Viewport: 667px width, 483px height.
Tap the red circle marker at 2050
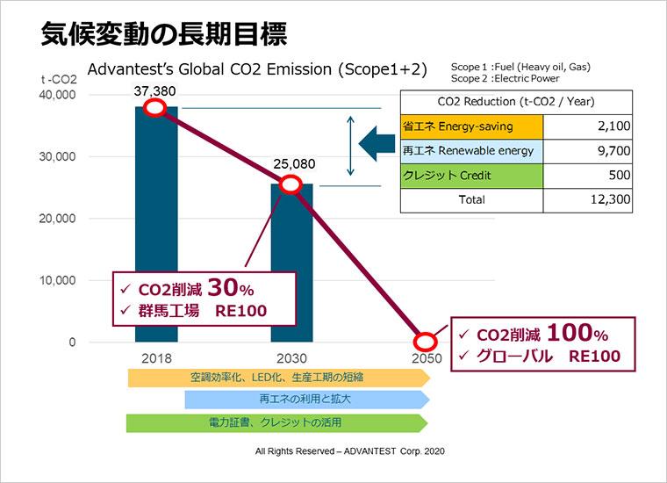426,342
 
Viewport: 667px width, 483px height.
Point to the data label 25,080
294,164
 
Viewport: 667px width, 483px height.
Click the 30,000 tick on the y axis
57,156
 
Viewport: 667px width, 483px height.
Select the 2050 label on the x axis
427,358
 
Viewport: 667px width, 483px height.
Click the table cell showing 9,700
587,151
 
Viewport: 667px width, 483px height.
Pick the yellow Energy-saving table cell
471,126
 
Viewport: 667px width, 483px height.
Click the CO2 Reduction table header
516,102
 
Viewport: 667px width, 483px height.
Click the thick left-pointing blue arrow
377,143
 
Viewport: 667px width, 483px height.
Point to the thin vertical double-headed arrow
350,146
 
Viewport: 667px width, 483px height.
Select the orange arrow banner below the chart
279,378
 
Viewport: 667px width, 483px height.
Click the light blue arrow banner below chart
307,400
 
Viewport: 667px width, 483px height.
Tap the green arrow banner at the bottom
277,422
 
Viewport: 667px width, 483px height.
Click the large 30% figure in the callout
231,287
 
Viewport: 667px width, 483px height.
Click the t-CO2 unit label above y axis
59,80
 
